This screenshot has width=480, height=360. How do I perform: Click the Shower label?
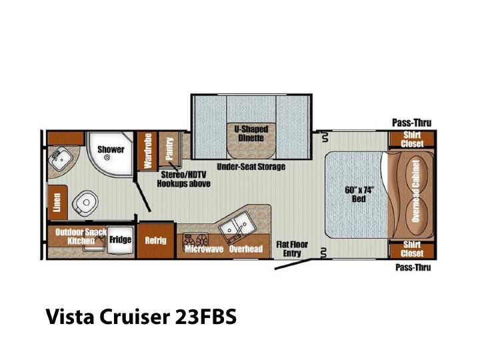(111, 149)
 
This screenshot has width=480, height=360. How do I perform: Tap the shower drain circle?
(107, 157)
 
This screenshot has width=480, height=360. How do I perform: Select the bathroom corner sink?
(61, 158)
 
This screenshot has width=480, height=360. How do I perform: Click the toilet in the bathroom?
(85, 203)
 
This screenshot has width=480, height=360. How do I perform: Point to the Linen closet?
(57, 203)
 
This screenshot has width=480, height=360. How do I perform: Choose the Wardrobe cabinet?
(147, 151)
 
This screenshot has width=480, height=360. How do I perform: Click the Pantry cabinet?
(169, 149)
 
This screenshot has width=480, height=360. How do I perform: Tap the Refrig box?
(156, 241)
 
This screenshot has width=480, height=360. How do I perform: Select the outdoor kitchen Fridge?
(120, 240)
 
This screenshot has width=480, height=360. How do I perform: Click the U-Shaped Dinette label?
(251, 133)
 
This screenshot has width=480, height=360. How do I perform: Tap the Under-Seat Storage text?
(251, 167)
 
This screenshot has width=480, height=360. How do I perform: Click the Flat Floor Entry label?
(292, 249)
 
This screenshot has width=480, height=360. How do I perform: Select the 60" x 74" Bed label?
(359, 195)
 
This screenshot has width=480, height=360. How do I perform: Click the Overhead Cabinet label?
(415, 191)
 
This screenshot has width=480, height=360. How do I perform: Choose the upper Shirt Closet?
(412, 139)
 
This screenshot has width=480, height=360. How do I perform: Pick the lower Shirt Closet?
(412, 249)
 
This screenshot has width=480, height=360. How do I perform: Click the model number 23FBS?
(206, 317)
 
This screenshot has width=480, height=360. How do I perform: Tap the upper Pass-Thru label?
(412, 123)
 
